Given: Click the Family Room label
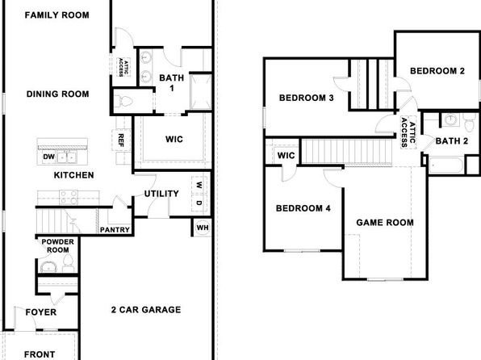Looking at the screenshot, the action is click(57, 15).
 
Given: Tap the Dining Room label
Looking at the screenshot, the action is click(57, 94).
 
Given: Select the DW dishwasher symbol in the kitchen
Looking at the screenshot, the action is click(48, 157).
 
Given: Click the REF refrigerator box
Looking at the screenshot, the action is click(121, 140).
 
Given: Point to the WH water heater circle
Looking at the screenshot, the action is click(203, 228).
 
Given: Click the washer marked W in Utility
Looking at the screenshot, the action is click(199, 185).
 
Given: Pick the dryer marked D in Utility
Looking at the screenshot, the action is click(199, 203).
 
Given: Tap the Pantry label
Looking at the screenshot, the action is click(115, 230).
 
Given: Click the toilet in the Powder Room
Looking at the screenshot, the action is click(68, 262).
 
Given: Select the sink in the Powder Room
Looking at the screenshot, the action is click(48, 266).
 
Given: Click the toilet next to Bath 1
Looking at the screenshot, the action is click(123, 101).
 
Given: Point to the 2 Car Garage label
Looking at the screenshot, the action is click(146, 310).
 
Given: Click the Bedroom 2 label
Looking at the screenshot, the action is click(437, 71).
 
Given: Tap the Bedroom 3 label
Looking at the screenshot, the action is click(307, 98).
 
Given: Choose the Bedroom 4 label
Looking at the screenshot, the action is click(303, 208).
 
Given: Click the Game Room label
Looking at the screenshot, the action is click(385, 223).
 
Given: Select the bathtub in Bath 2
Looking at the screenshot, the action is click(445, 165).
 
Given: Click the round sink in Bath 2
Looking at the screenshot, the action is click(450, 119).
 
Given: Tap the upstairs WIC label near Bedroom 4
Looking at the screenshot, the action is click(286, 155).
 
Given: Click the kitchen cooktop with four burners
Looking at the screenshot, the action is click(69, 197).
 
